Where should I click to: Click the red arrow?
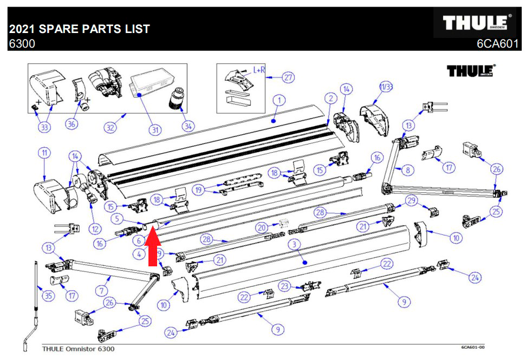(152, 249)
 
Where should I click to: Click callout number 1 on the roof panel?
(278, 100)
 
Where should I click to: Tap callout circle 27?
(288, 77)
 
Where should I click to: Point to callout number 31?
(155, 130)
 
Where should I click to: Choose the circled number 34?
(187, 126)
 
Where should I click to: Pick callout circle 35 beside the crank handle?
(49, 296)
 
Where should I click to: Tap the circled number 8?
(408, 169)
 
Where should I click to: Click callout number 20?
(262, 227)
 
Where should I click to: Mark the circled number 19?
(199, 190)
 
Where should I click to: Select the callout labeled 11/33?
(386, 87)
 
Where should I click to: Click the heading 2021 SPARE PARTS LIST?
(79, 29)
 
